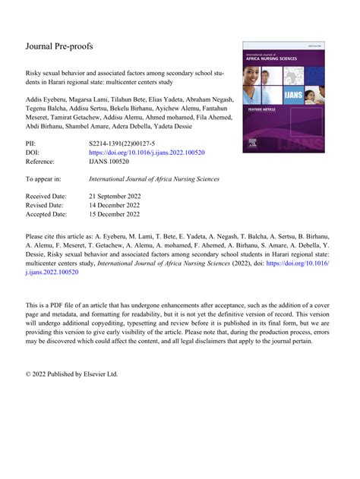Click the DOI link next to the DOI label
click(x=147, y=152)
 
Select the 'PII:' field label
click(x=33, y=143)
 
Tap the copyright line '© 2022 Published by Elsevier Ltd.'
click(x=72, y=373)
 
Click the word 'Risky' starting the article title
click(x=35, y=76)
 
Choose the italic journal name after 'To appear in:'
click(x=154, y=179)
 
